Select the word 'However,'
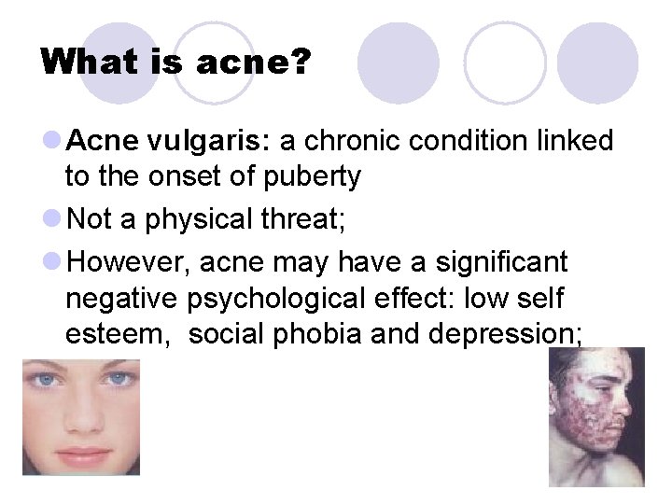(x=129, y=263)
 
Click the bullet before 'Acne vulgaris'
(x=52, y=142)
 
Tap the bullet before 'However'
(x=52, y=263)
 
